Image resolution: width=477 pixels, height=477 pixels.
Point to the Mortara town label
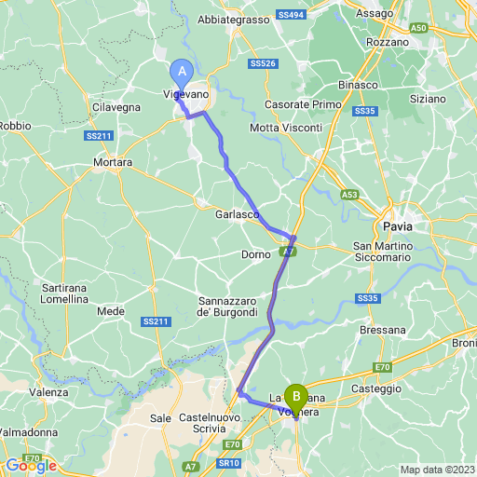pos(113,162)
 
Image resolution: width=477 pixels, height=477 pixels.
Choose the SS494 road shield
pos(290,17)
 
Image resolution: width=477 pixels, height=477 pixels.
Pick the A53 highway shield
pos(349,195)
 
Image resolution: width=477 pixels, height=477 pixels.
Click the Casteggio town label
pos(376,388)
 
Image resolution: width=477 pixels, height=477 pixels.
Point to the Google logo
pos(30,466)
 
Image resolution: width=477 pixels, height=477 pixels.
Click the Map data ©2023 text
pos(437,469)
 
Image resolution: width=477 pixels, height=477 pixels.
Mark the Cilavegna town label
pos(116,108)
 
